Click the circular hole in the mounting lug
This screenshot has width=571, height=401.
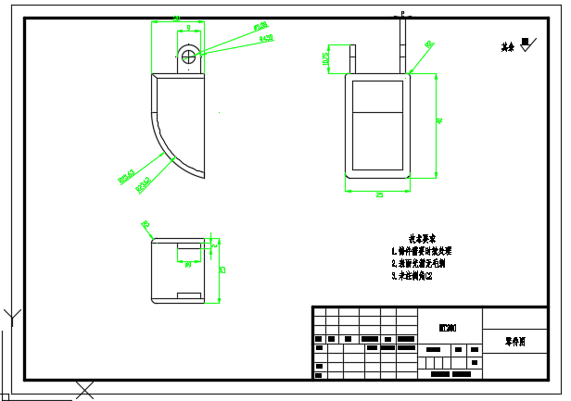[189, 56]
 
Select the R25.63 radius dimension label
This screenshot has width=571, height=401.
[125, 176]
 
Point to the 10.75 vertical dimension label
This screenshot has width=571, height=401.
[325, 58]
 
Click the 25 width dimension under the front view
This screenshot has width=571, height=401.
[379, 194]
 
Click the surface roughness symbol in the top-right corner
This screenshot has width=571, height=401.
[527, 44]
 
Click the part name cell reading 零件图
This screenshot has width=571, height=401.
[515, 342]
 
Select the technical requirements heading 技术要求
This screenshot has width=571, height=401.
[423, 238]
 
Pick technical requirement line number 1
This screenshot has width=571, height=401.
[421, 251]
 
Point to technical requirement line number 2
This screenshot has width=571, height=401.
[419, 263]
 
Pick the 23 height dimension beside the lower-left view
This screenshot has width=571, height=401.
[222, 270]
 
